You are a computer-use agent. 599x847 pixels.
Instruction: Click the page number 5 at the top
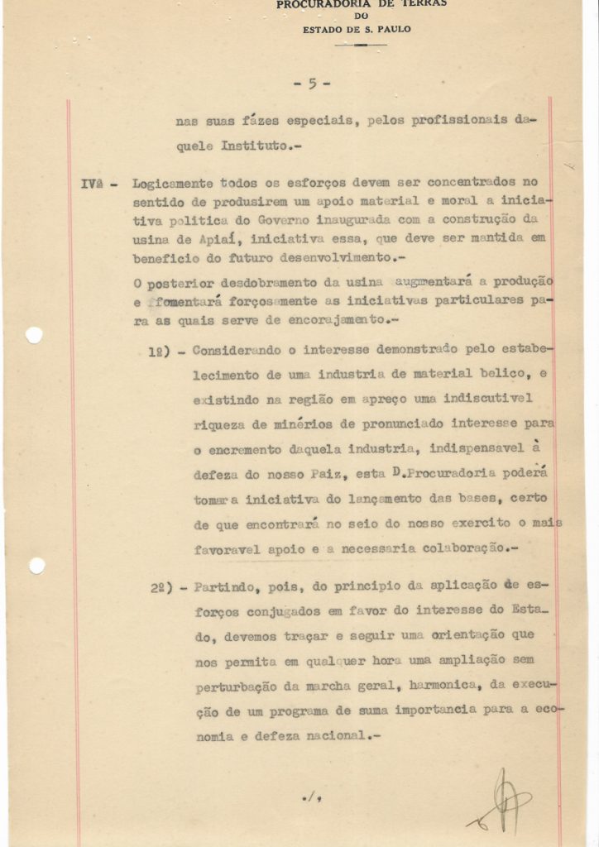click(312, 83)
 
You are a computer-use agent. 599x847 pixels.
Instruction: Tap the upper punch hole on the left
click(34, 335)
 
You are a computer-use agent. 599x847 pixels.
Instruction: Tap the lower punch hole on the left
click(36, 566)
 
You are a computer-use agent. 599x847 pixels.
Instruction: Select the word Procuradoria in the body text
click(446, 474)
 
